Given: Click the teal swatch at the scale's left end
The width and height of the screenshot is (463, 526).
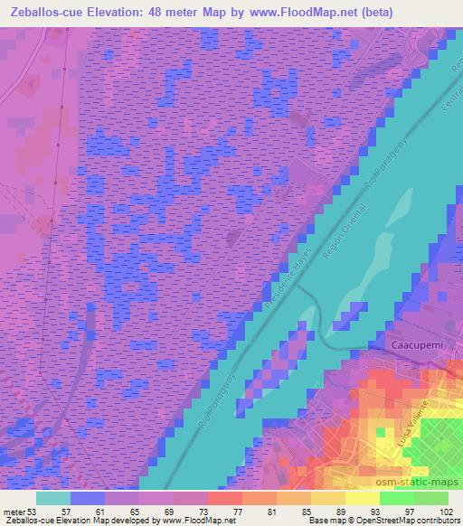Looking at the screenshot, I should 53,497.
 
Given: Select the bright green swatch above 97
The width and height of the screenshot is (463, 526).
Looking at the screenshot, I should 398,497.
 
